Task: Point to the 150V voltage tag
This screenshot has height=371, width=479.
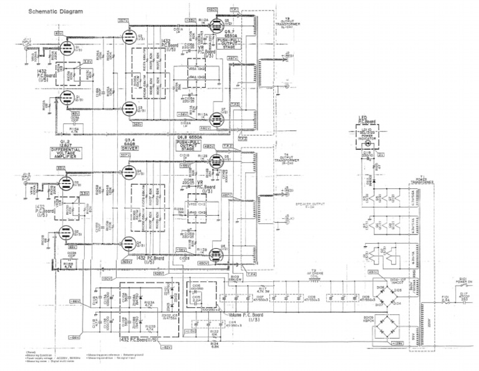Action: tap(107, 278)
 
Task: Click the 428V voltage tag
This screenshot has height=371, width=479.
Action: tap(158, 272)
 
